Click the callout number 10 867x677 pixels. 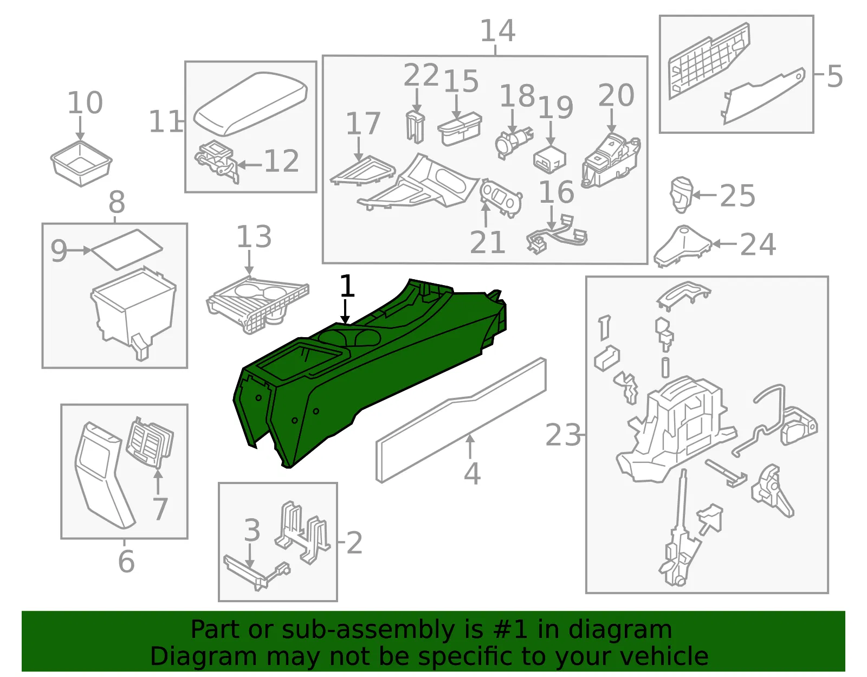[x=85, y=103]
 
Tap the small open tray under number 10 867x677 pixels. [x=81, y=164]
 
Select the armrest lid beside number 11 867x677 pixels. [x=250, y=104]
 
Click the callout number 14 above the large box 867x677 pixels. [x=497, y=31]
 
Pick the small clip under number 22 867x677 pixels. [x=415, y=126]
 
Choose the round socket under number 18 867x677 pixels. [x=514, y=143]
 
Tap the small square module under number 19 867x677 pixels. [x=549, y=159]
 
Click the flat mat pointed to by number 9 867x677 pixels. [x=127, y=250]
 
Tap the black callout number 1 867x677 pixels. [x=347, y=286]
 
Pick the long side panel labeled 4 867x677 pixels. [x=461, y=420]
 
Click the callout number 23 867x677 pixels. [x=563, y=435]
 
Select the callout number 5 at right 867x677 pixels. [x=834, y=76]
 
